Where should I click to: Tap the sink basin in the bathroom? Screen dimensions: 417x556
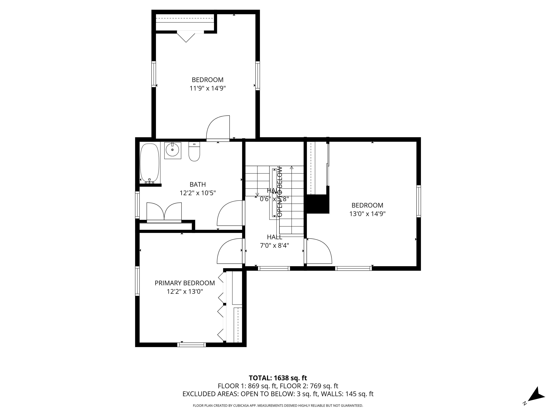pyautogui.click(x=173, y=150)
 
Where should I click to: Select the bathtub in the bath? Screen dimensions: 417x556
pyautogui.click(x=150, y=163)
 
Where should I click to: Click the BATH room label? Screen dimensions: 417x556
pyautogui.click(x=198, y=184)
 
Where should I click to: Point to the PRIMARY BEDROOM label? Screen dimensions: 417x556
pyautogui.click(x=185, y=283)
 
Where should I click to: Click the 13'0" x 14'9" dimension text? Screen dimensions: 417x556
pyautogui.click(x=367, y=214)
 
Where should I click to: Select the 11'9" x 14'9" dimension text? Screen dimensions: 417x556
pyautogui.click(x=208, y=89)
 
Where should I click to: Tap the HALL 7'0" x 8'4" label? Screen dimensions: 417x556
pyautogui.click(x=275, y=241)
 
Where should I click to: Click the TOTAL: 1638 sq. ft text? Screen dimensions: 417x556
pyautogui.click(x=278, y=378)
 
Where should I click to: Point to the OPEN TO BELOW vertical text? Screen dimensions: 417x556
pyautogui.click(x=280, y=191)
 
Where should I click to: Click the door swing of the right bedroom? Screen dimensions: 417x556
pyautogui.click(x=319, y=251)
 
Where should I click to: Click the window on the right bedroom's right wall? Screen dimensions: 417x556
pyautogui.click(x=418, y=201)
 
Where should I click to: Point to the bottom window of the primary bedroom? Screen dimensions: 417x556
pyautogui.click(x=191, y=345)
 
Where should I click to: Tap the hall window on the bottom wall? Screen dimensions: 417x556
pyautogui.click(x=274, y=268)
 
